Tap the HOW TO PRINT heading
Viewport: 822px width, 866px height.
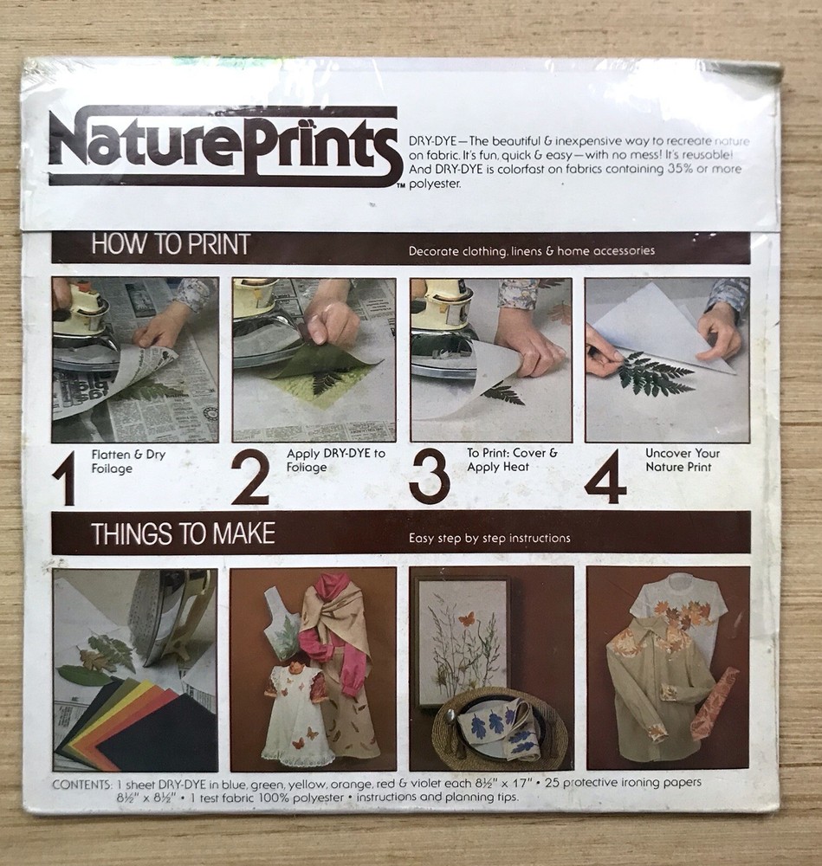170,245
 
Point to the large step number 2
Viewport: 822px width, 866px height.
249,477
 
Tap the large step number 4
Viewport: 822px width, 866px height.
605,477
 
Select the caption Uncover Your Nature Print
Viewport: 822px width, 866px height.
682,460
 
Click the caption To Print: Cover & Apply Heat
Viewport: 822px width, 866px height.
512,460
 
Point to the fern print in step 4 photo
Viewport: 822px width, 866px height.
657,374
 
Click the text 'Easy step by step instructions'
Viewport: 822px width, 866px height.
489,539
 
